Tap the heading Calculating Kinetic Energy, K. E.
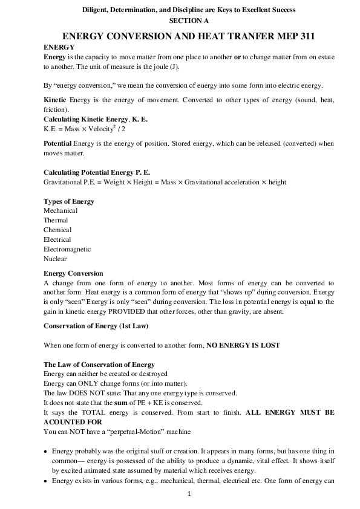pos(96,120)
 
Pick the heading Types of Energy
pos(69,201)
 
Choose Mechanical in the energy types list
pos(61,210)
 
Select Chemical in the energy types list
pos(57,230)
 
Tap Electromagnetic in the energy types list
pos(67,249)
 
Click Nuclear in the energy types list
pos(55,259)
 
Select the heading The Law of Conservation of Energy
pos(99,365)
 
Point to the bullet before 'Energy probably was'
pos(47,452)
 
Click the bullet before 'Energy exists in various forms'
pos(47,481)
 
